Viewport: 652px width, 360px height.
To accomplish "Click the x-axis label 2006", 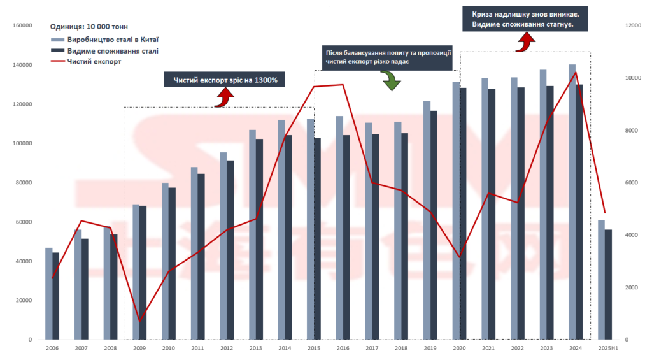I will point(52,348).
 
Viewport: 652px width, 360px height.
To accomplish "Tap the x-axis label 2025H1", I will point(607,348).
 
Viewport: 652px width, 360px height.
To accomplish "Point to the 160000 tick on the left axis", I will point(23,25).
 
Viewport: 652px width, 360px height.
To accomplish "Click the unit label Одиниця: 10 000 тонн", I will point(89,27).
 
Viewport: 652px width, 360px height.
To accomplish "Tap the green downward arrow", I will point(389,80).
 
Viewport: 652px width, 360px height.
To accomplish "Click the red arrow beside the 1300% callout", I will point(224,96).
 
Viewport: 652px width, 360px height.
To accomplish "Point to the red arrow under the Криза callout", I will point(526,42).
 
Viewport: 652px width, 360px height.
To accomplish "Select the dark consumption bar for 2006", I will point(56,296).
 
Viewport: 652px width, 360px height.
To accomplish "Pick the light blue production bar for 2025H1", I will point(601,280).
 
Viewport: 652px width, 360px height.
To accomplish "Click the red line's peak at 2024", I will point(576,72).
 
